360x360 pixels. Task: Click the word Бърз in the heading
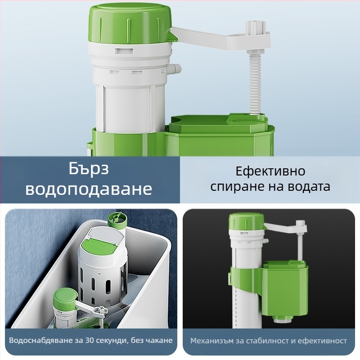click(x=89, y=169)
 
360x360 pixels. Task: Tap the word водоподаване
click(x=89, y=189)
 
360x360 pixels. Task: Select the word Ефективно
click(x=270, y=171)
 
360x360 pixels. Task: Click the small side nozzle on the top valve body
click(x=175, y=68)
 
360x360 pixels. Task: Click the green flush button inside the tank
click(x=99, y=247)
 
